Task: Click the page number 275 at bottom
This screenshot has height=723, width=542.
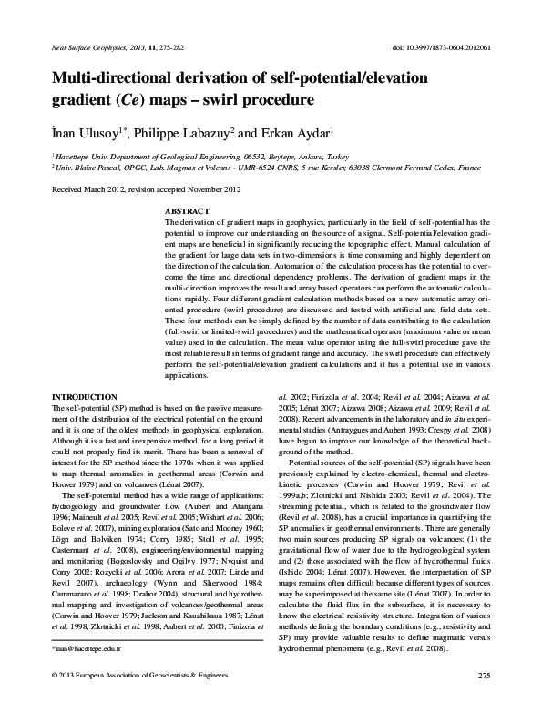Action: (484, 699)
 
